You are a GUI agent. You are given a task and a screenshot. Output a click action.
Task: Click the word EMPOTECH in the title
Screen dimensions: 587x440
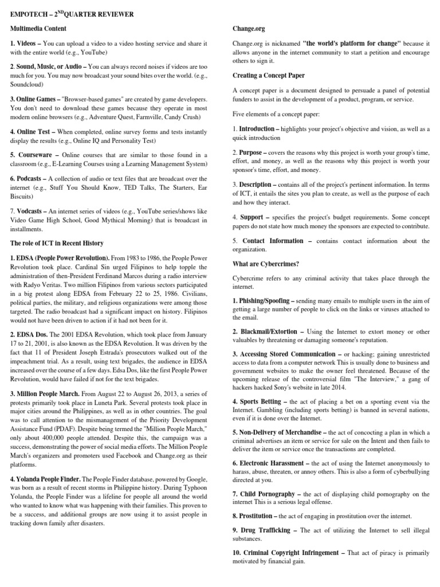(30, 14)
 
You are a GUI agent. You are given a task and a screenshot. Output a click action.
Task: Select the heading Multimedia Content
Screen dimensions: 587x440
(38, 28)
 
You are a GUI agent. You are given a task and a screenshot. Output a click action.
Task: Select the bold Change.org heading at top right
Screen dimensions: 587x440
(249, 28)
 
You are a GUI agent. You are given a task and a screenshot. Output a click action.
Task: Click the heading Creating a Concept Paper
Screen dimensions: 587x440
(269, 76)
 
